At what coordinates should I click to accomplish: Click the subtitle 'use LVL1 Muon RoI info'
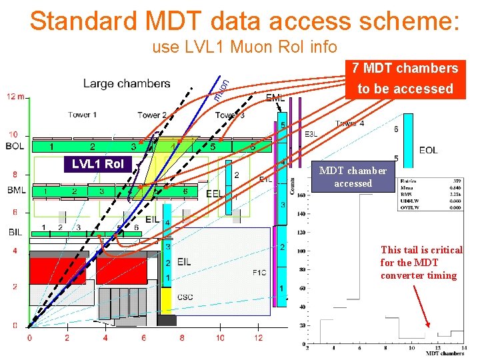coord(245,47)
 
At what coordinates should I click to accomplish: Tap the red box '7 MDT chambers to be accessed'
coord(405,79)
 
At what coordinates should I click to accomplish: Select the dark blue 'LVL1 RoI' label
coord(98,164)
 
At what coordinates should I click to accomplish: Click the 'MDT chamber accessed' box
coord(353,177)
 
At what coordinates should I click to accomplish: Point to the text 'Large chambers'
coord(127,84)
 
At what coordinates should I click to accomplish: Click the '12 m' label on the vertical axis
coord(16,96)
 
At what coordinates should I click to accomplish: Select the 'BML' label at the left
coord(16,191)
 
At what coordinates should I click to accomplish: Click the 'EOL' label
coord(429,150)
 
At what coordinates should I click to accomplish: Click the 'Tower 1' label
coord(82,115)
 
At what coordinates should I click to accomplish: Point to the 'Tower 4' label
coord(350,123)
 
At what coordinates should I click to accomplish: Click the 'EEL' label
coord(215,194)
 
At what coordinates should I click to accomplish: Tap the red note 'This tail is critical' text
coord(421,250)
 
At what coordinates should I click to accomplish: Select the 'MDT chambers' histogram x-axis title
coord(445,353)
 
